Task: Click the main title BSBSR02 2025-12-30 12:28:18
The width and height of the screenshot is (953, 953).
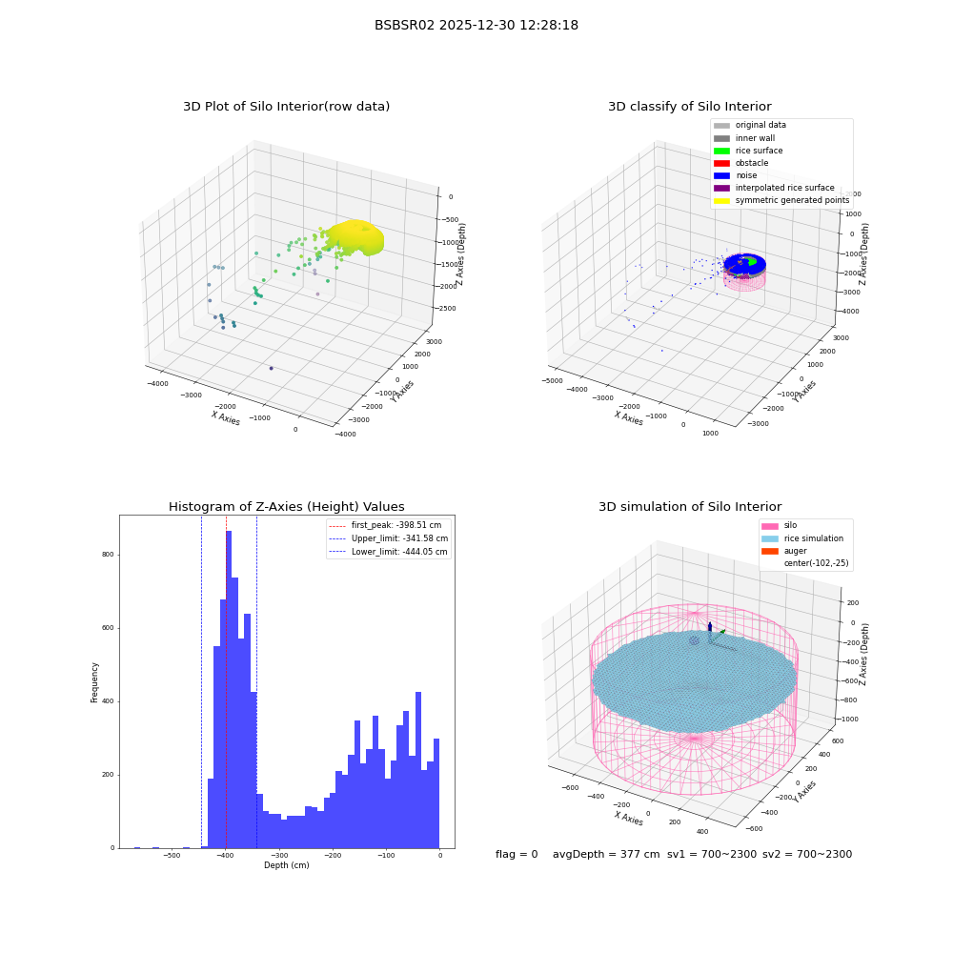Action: pos(476,26)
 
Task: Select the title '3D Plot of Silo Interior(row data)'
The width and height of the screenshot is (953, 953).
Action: pos(286,107)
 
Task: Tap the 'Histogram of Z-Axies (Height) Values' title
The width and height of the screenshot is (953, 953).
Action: pos(286,507)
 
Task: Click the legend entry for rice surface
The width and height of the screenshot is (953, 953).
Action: pos(748,151)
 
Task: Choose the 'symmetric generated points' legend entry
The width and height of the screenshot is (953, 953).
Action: pos(781,200)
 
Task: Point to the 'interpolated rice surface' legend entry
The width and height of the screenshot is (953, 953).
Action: pos(774,188)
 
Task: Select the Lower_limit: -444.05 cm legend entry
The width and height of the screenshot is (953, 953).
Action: pos(388,552)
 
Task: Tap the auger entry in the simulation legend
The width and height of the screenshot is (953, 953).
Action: pos(784,551)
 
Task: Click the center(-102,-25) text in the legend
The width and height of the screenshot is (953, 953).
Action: pos(817,563)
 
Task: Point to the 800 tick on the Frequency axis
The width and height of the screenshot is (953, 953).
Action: pos(109,555)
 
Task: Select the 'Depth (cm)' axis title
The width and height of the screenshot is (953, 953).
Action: pos(286,865)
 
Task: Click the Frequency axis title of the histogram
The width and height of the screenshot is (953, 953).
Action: pos(94,682)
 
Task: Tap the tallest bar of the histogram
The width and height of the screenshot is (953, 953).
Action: pos(229,689)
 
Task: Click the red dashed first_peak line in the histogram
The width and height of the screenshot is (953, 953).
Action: pos(226,681)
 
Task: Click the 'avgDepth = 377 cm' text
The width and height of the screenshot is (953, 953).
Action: pos(606,855)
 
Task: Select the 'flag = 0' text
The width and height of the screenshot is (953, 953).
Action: pos(517,855)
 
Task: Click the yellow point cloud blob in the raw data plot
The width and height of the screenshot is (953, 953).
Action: pos(355,237)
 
